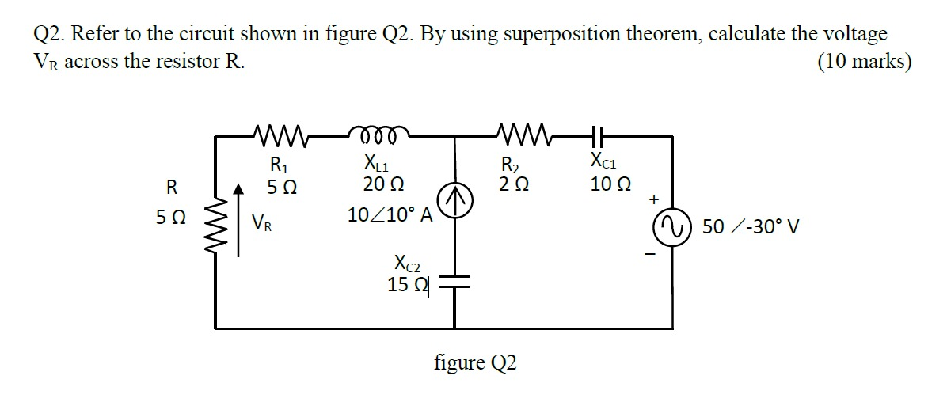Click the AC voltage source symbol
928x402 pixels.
click(672, 227)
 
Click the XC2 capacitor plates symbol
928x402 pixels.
click(455, 282)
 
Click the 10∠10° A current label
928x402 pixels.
click(389, 215)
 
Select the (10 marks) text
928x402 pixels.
click(864, 61)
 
